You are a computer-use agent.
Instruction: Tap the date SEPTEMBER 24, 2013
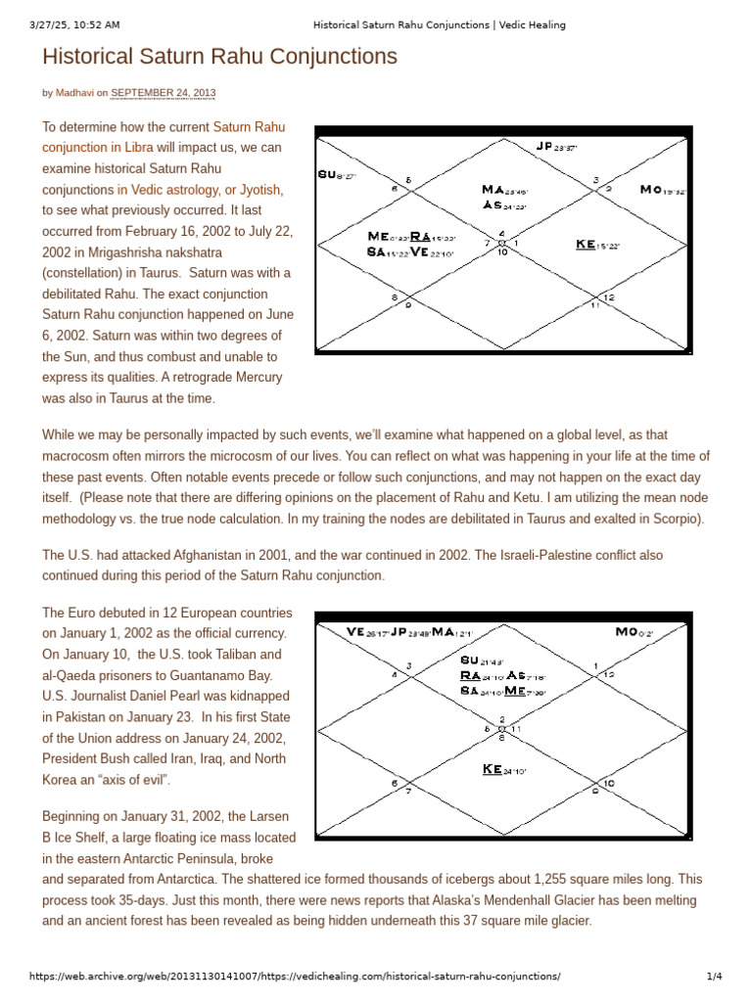pos(163,94)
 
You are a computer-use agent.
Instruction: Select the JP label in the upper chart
pos(545,146)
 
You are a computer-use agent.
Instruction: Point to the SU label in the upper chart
pos(327,174)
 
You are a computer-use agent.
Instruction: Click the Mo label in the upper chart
pos(650,189)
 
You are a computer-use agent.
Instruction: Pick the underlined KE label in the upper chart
pos(587,244)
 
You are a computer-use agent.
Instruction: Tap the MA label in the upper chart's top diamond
pos(493,189)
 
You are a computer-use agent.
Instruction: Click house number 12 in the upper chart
pos(609,297)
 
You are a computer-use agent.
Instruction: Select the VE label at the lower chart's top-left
pos(355,632)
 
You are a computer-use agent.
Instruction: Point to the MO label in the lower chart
pos(627,632)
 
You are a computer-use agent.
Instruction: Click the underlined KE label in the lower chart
pos(493,769)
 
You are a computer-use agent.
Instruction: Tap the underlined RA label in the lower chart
pos(470,675)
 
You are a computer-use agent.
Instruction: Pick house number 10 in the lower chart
pos(608,783)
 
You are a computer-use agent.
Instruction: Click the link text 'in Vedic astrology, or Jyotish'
pos(200,190)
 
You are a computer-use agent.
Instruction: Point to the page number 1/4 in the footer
pos(714,977)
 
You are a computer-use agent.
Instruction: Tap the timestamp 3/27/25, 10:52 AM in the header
pos(76,24)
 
